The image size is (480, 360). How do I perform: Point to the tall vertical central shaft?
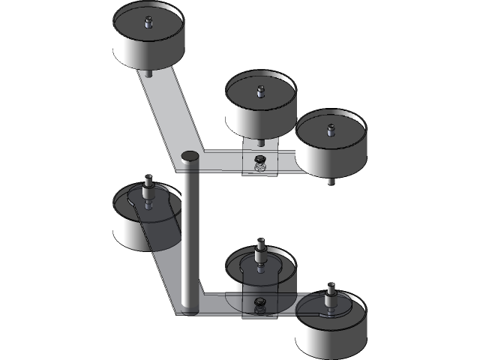pyautogui.click(x=190, y=232)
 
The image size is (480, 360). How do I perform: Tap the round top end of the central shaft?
pyautogui.click(x=190, y=156)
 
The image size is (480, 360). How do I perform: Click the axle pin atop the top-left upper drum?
pyautogui.click(x=148, y=21)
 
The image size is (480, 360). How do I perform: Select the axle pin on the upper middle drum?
pyautogui.click(x=260, y=91)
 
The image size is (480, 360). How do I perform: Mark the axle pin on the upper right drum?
pyautogui.click(x=328, y=129)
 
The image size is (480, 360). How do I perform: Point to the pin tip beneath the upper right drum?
pyautogui.click(x=330, y=181)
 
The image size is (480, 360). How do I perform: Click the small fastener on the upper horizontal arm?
pyautogui.click(x=259, y=160)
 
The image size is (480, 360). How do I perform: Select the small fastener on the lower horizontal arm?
pyautogui.click(x=259, y=303)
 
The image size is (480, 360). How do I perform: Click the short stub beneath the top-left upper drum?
pyautogui.click(x=148, y=73)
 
